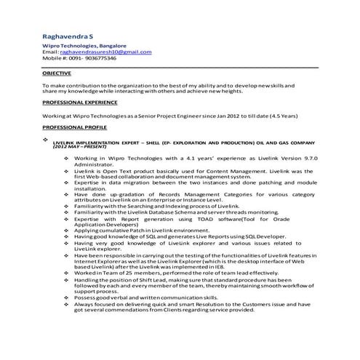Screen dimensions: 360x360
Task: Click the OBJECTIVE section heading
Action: coord(57,74)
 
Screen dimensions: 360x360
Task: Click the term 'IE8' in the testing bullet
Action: coord(228,266)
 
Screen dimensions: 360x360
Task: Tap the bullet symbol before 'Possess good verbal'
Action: coord(67,298)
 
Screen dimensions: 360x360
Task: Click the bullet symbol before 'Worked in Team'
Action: coord(67,272)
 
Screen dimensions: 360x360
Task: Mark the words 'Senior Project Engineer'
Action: coord(178,116)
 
